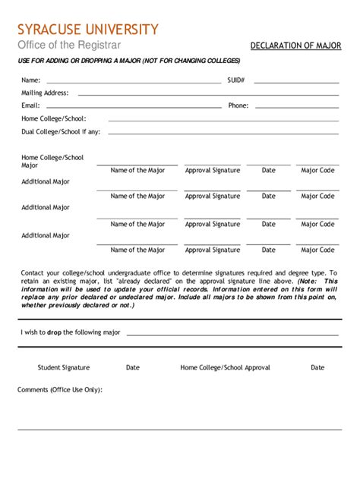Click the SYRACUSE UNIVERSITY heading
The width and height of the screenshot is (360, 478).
[89, 30]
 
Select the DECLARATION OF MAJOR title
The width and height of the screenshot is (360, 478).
[295, 46]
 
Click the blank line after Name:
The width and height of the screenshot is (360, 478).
[133, 81]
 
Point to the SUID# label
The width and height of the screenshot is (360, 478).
[235, 80]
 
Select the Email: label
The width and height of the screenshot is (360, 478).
[30, 105]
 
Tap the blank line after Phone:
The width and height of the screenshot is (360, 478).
[295, 106]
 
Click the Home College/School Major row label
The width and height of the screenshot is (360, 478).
[52, 162]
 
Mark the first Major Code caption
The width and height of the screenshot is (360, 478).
[317, 171]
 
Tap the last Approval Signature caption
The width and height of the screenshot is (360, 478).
[213, 250]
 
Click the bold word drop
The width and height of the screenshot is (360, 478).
[55, 333]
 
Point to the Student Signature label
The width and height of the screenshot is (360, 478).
[64, 368]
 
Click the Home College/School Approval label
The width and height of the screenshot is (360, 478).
[225, 368]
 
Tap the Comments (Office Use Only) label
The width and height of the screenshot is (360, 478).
[60, 390]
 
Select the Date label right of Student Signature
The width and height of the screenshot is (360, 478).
[133, 368]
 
